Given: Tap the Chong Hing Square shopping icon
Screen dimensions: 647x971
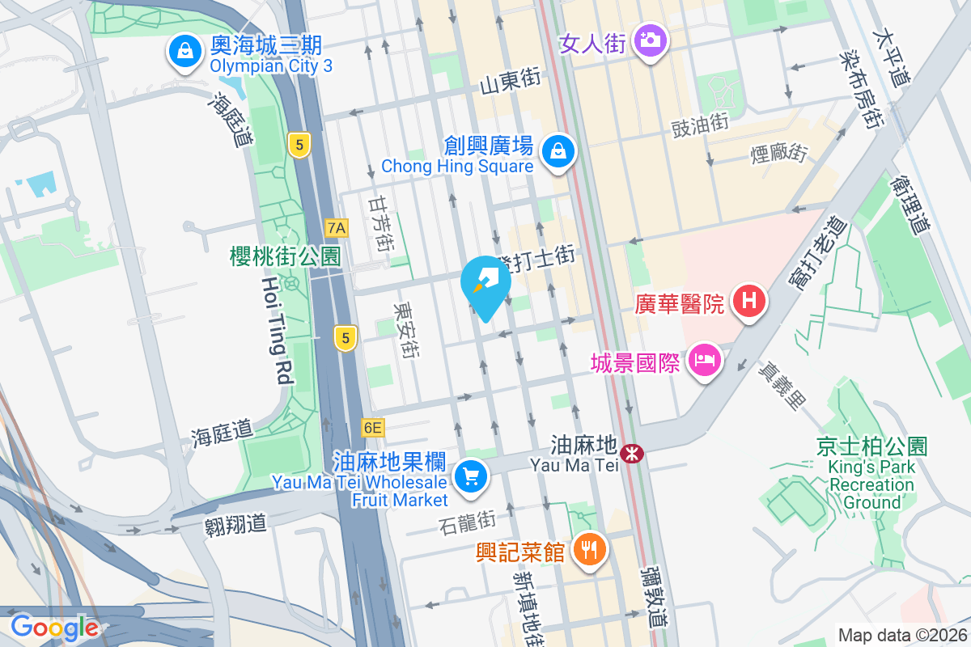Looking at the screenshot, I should click(558, 150).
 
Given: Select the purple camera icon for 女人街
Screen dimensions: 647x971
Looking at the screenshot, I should click(650, 39).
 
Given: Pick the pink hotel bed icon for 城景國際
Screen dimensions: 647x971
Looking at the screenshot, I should click(704, 360).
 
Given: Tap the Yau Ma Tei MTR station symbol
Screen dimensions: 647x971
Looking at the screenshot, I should click(630, 454).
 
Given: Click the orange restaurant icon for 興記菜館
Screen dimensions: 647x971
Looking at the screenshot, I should click(589, 551).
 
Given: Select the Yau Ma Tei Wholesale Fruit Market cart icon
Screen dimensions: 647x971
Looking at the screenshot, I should click(471, 477).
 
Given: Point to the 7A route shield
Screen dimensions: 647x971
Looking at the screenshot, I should click(337, 228).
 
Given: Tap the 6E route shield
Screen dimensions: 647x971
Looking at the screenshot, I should click(373, 427).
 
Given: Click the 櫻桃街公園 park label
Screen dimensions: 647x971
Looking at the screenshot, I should click(285, 256).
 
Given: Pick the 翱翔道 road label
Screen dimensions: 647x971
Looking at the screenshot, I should click(235, 523).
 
